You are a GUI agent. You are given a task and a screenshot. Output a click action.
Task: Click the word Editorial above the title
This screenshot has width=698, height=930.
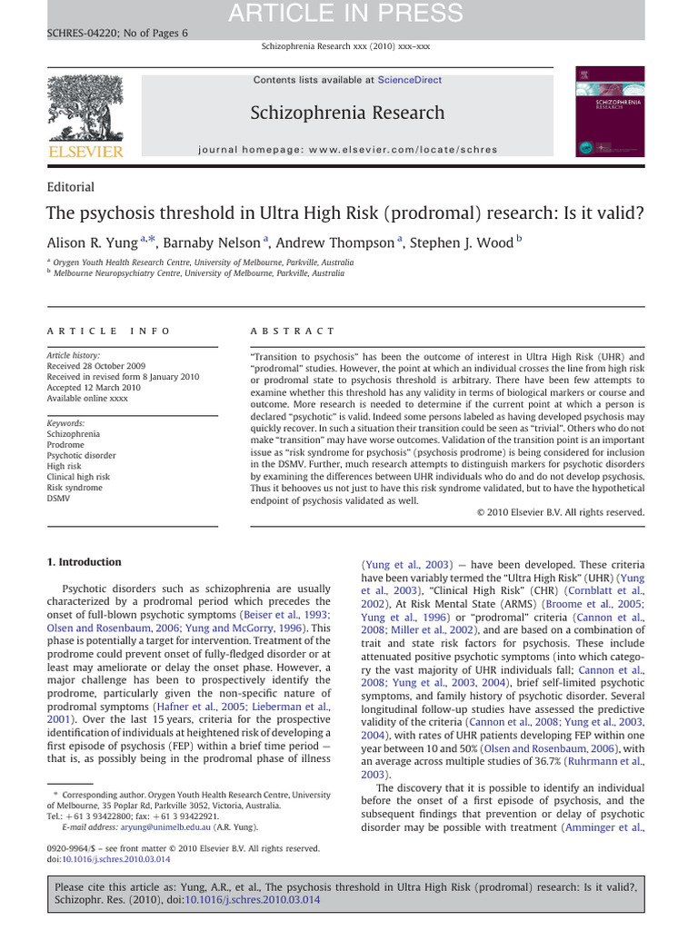tap(70, 187)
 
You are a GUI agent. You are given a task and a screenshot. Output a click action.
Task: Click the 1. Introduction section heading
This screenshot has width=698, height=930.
tap(85, 562)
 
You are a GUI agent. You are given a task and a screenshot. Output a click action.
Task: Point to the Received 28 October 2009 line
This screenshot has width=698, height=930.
tap(96, 367)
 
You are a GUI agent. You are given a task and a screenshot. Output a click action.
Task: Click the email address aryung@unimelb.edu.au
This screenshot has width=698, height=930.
tap(139, 828)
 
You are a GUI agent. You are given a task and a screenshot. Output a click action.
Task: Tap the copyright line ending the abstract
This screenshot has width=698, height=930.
tap(561, 512)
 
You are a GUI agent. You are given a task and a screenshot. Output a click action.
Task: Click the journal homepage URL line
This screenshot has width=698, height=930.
tap(348, 148)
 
